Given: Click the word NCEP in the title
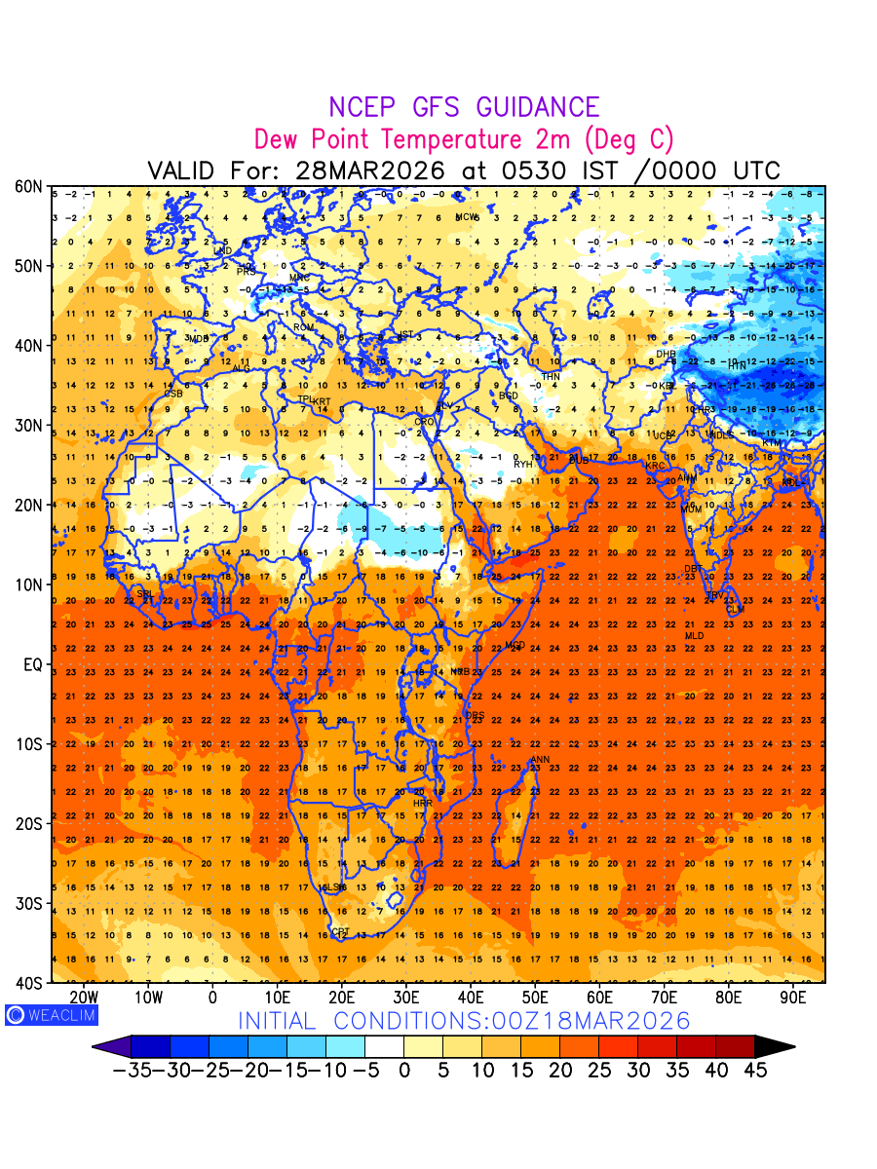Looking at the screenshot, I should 365,108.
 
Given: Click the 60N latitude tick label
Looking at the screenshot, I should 29,186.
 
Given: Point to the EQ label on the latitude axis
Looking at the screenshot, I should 32,664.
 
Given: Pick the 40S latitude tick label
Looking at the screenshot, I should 29,983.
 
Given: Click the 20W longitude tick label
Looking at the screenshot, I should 85,998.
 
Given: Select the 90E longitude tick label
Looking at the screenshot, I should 793,998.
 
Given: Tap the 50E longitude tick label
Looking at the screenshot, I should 535,998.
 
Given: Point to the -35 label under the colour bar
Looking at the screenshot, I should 131,1071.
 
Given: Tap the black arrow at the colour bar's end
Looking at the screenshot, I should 776,1047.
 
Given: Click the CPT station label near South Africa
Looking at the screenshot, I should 340,933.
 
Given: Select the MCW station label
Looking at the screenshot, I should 468,217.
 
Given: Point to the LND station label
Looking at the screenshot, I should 223,251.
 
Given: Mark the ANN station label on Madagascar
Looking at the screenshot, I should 540,760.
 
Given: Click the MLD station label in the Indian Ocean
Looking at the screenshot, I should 694,636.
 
